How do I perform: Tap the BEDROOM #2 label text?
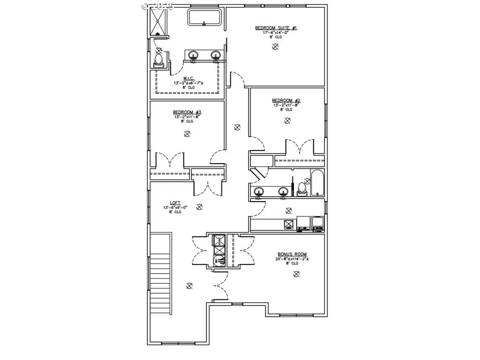(286, 100)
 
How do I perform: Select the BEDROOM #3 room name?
(186, 112)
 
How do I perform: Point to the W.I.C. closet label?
(187, 78)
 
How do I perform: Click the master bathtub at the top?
(204, 17)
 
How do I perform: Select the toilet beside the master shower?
(158, 60)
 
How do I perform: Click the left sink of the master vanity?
(193, 55)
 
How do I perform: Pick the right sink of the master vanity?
(215, 55)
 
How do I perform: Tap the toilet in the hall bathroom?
(302, 188)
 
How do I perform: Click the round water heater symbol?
(219, 260)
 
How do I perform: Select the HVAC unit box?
(219, 242)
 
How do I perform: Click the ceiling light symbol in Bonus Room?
(296, 274)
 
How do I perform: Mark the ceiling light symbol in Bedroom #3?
(186, 134)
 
